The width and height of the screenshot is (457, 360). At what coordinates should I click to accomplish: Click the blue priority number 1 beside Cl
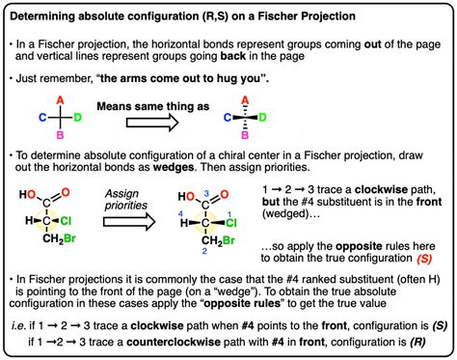(258, 214)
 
